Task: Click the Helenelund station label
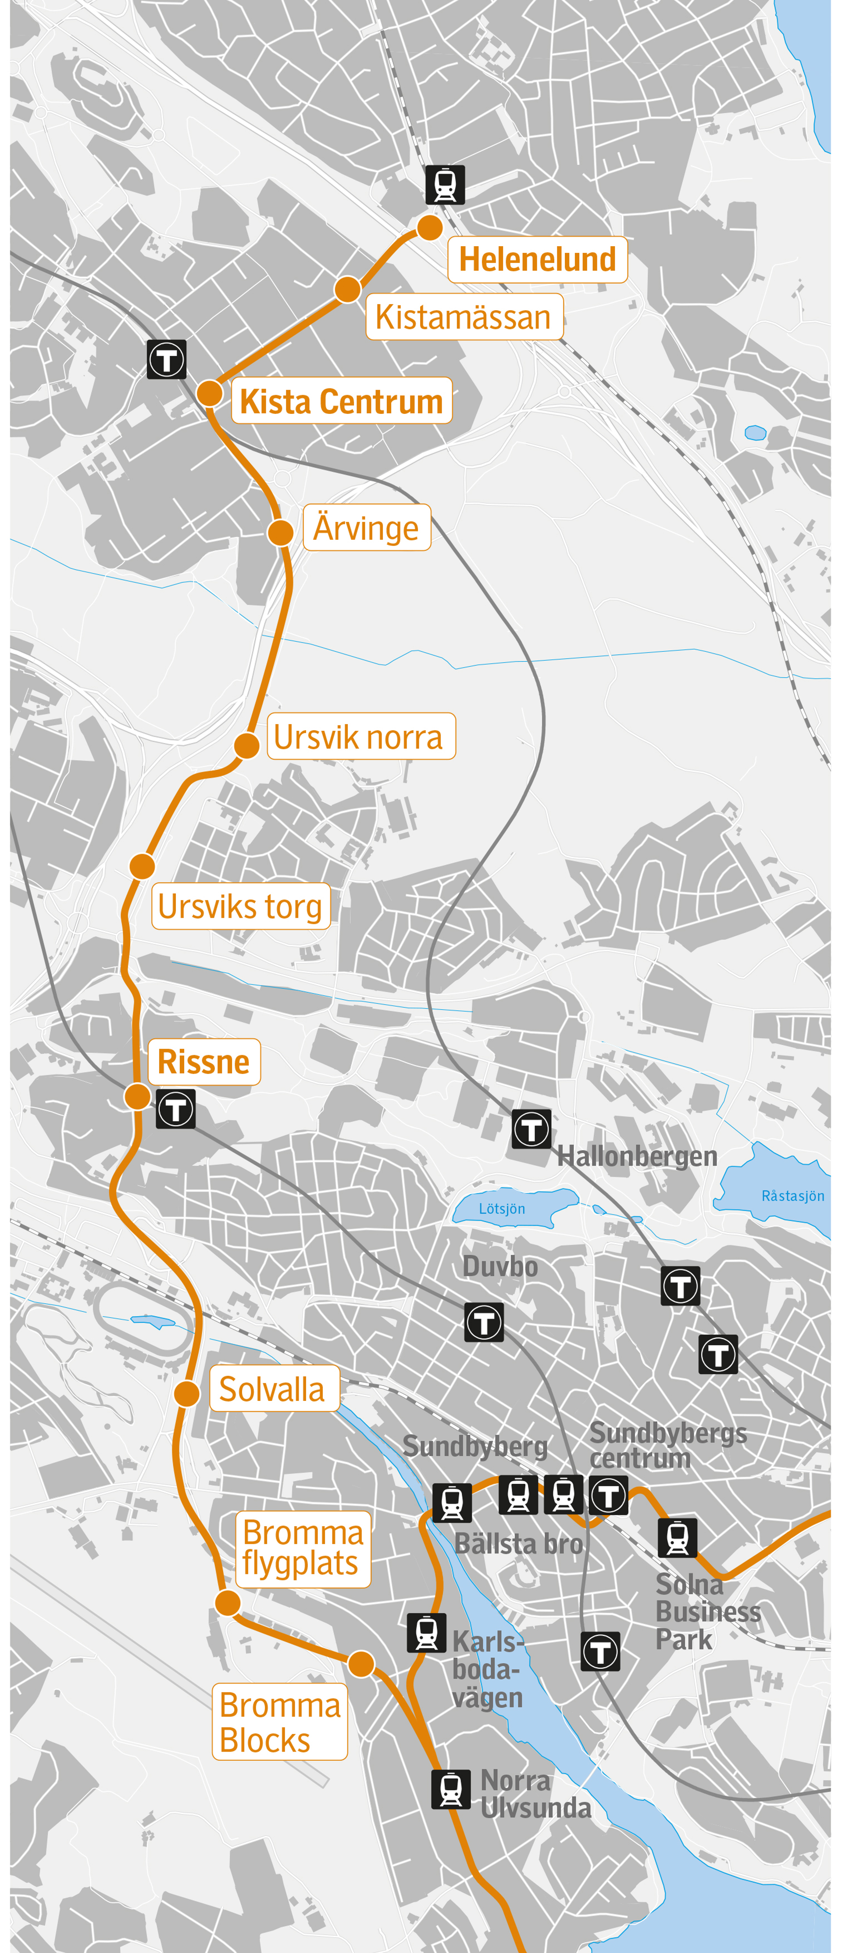point(537,259)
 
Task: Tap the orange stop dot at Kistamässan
point(347,289)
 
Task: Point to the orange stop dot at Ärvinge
point(280,532)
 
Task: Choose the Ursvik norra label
point(361,736)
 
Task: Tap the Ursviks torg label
point(240,906)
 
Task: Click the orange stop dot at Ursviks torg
point(142,866)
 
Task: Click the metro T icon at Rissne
point(176,1109)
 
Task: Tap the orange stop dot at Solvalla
point(186,1393)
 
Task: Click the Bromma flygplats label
point(303,1548)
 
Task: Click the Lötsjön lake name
point(502,1209)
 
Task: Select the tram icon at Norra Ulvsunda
point(451,1788)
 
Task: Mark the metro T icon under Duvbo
point(484,1323)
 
